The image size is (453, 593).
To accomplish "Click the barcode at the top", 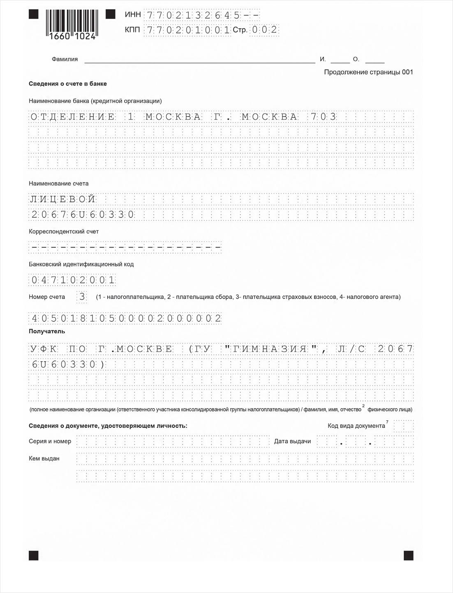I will (70, 24).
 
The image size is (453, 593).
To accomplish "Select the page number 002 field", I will (264, 30).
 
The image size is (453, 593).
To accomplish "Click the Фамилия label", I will (65, 59).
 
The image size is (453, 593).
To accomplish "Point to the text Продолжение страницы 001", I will (368, 72).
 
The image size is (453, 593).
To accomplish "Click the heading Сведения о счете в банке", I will (68, 84).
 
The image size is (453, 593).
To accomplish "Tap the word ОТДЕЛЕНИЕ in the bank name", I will (73, 117).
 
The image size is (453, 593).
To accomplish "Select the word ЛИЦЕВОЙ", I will (63, 199).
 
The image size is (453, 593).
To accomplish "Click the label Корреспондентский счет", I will (64, 231).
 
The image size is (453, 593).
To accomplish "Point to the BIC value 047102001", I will (73, 281).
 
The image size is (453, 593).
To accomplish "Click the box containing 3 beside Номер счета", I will (82, 297).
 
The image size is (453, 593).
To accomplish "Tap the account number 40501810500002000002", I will (126, 318).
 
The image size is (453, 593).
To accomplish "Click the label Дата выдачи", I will (292, 442).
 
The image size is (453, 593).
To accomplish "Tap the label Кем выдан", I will (44, 458).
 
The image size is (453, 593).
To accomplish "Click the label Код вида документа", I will (356, 426).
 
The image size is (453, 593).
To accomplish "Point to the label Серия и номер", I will (50, 442).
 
